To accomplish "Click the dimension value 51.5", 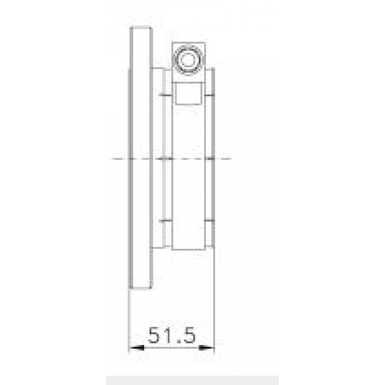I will [x=172, y=335].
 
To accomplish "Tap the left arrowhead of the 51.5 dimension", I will [x=136, y=348].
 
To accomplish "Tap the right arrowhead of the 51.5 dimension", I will [x=206, y=348].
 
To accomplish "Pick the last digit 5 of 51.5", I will [x=188, y=335].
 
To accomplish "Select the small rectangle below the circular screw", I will [x=188, y=94].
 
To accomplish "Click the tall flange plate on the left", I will [x=141, y=158].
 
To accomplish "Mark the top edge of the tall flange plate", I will [x=141, y=28].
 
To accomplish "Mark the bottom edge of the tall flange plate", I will [x=141, y=288].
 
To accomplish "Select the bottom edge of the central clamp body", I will [x=189, y=249].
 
